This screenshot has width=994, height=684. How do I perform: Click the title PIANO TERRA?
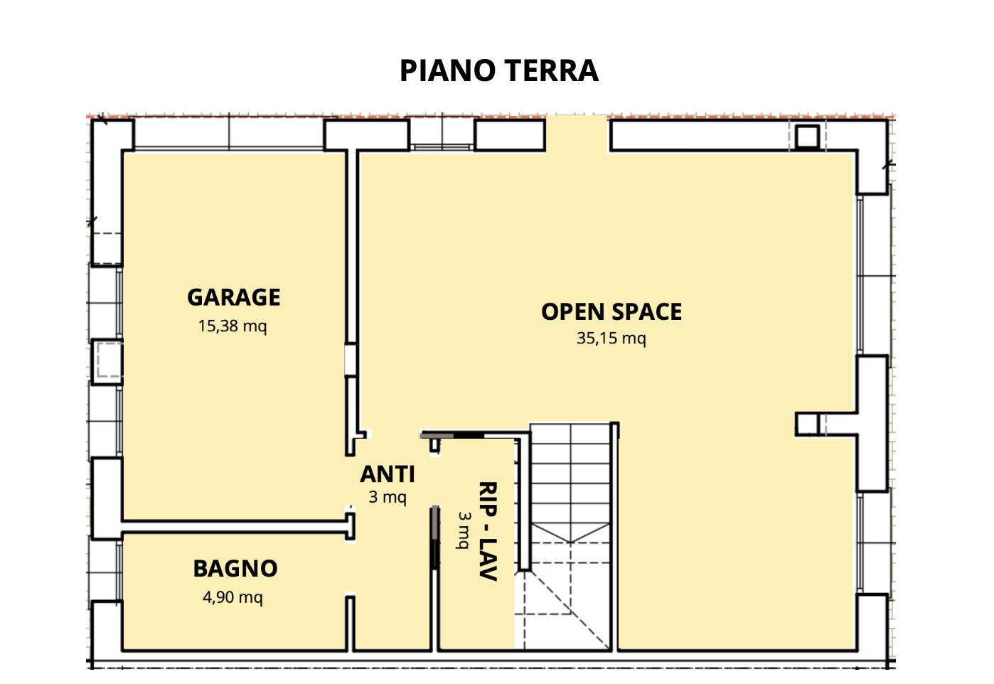coord(498,70)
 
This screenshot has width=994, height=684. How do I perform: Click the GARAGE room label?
coord(233,297)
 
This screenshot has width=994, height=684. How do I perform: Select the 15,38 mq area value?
coord(233,326)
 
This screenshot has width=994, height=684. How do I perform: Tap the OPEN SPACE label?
coord(611,311)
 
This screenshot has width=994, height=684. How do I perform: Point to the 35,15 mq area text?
coord(611,338)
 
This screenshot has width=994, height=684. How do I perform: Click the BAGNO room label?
coord(235,569)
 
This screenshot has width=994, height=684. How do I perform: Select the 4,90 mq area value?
coord(233,597)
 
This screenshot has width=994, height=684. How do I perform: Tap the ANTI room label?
coord(388,474)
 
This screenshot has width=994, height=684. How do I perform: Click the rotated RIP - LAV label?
coord(487,531)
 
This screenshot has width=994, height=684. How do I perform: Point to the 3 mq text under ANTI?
coord(388,497)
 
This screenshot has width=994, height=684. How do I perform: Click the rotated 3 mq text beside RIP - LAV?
coord(464,530)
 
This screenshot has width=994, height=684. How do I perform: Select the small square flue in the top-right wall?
coord(807,137)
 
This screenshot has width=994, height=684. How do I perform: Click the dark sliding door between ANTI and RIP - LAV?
coord(435,538)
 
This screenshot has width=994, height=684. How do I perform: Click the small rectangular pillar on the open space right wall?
coord(807,424)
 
